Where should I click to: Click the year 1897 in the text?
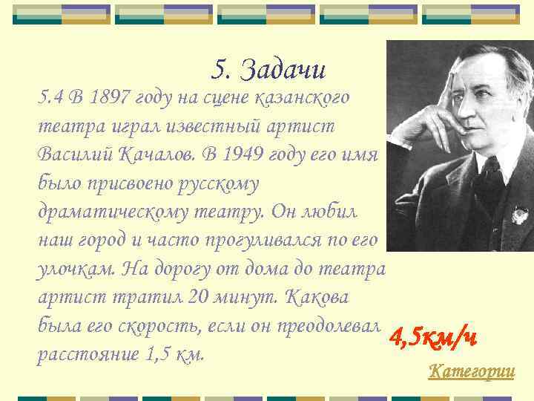point(118,96)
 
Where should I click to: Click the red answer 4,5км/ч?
point(433,338)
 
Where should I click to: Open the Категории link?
point(471,371)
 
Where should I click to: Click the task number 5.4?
point(51,96)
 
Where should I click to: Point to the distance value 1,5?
point(163,354)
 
